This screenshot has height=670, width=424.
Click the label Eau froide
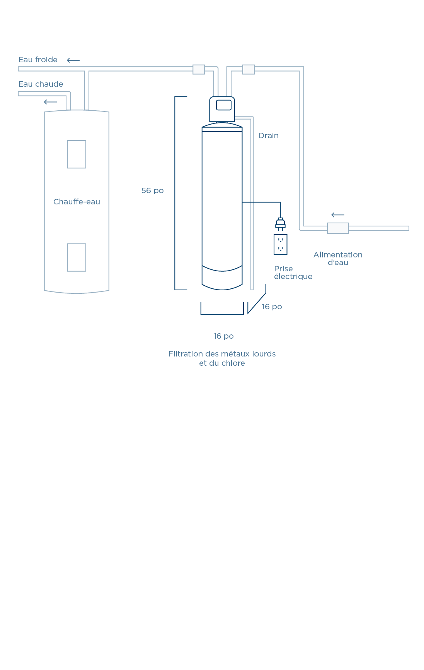pos(38,60)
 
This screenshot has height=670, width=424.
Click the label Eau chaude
pos(41,84)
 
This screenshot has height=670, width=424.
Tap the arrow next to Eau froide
pos(73,60)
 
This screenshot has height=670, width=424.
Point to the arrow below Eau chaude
pos(50,102)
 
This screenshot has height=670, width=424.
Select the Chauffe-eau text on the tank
pos(77,202)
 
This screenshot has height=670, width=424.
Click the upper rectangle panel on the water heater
pos(77,154)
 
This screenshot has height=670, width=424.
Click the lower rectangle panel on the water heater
pos(77,257)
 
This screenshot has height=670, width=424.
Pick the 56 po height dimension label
pos(152,190)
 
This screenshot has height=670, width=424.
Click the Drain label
pos(269,135)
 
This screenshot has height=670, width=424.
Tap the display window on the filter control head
pos(224,105)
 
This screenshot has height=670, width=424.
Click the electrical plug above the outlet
pos(281,224)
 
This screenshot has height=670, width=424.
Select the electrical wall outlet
pos(281,245)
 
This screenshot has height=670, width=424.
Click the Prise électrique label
pos(293,272)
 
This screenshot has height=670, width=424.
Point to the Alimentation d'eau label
pos(338,259)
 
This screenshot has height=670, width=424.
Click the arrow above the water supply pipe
pos(338,215)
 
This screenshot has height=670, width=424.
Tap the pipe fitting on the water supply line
pos(338,228)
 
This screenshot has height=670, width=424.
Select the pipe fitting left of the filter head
pos(199,69)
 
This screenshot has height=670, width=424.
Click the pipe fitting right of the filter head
pos(249,69)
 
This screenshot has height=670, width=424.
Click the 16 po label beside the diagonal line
pos(272,307)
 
